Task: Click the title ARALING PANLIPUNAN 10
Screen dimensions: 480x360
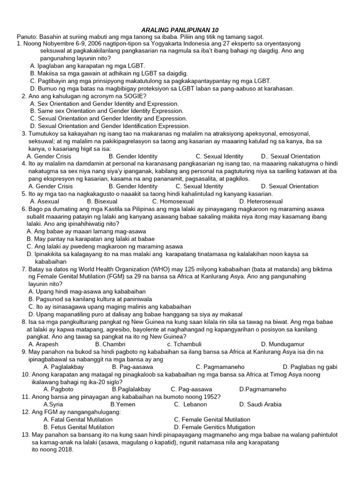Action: click(x=180, y=29)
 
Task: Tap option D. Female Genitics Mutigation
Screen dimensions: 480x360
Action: click(x=214, y=427)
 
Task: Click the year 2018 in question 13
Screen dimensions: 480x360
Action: click(x=64, y=450)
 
